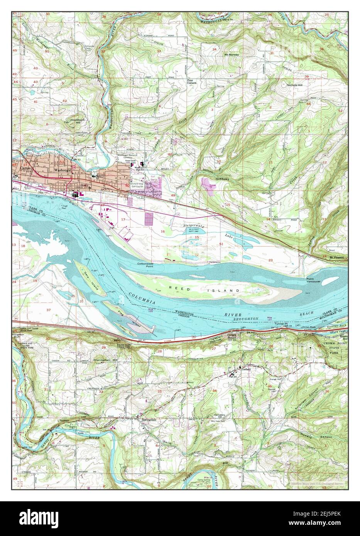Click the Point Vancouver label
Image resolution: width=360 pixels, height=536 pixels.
[317, 280]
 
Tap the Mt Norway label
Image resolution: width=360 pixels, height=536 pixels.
[232, 55]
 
